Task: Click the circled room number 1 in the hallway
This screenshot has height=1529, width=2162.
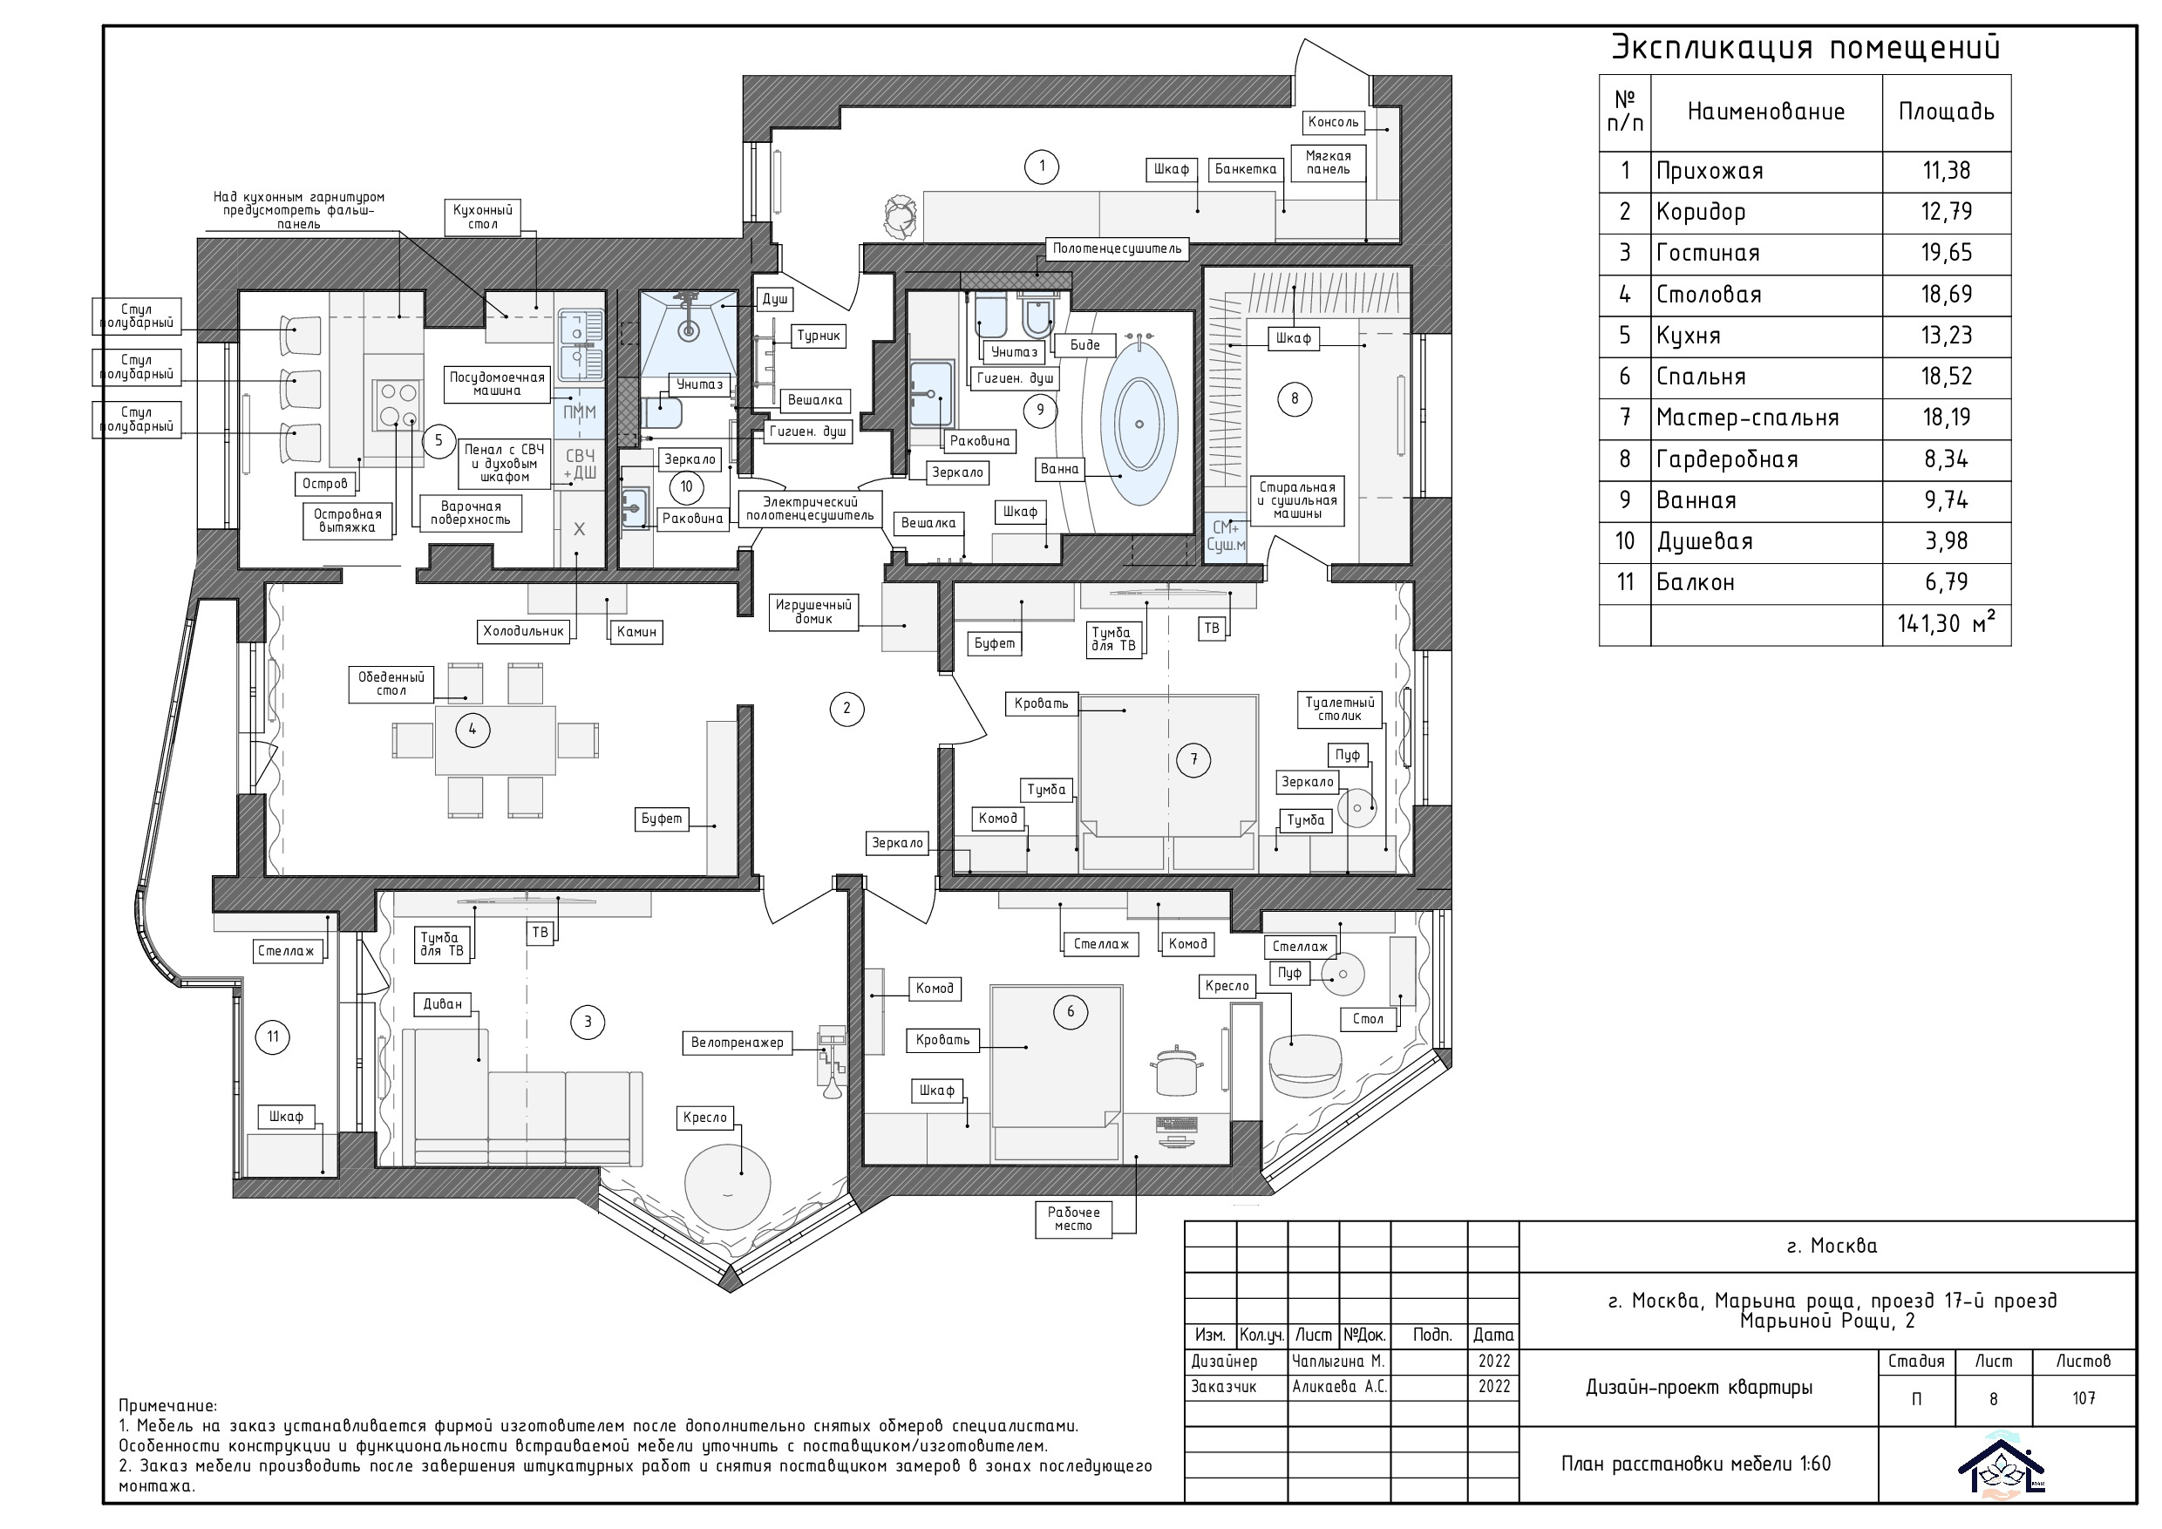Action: [1042, 166]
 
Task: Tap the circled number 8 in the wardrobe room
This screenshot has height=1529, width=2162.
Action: [1295, 398]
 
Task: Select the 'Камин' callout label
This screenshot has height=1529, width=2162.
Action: [636, 632]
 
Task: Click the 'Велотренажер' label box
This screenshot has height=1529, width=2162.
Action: [738, 1043]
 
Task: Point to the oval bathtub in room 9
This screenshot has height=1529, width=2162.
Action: [1139, 424]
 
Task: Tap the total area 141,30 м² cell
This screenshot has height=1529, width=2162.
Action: [1947, 623]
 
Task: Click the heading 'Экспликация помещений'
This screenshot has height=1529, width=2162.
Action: [1806, 47]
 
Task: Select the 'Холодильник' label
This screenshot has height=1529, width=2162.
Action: [524, 631]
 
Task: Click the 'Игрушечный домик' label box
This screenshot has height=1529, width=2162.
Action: [813, 612]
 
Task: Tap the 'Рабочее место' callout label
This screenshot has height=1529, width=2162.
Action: [1073, 1220]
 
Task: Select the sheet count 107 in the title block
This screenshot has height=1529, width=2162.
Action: [2084, 1399]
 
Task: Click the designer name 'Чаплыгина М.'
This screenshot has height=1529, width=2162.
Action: [1338, 1362]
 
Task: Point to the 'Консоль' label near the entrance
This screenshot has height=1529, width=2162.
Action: [1333, 121]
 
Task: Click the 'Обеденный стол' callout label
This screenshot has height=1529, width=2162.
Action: [391, 683]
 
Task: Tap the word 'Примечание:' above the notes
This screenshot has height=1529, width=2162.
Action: [167, 1407]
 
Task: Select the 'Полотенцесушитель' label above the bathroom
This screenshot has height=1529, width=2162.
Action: [1117, 248]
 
